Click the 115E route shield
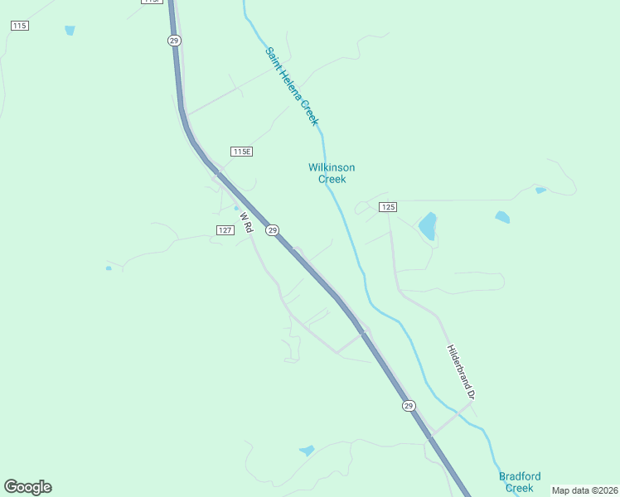[x=241, y=152]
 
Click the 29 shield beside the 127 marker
[x=273, y=229]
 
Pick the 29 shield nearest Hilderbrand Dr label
[x=409, y=405]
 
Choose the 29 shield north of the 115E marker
[x=174, y=40]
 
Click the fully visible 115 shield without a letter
[x=20, y=27]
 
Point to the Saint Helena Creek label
[x=292, y=86]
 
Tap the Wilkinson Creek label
[x=332, y=173]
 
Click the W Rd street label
[x=245, y=222]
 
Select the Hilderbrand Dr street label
[x=460, y=373]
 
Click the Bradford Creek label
[x=520, y=482]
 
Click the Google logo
[x=28, y=487]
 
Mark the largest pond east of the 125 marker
[x=428, y=224]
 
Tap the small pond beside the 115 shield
[x=70, y=31]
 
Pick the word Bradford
[x=520, y=476]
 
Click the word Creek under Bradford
[x=520, y=488]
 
